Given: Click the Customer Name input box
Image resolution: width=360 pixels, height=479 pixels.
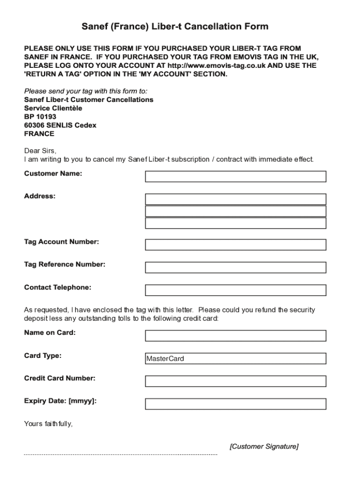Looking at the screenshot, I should point(235,176).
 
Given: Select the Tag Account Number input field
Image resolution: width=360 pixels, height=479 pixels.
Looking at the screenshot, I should point(235,245).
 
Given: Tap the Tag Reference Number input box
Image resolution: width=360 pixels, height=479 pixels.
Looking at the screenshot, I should point(235,268).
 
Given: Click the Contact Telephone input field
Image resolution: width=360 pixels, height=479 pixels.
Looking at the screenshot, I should point(235,290).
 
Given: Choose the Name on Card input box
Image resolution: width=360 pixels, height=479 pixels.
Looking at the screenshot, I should point(235,335).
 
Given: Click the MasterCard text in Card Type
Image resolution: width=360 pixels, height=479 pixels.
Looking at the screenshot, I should point(165,359).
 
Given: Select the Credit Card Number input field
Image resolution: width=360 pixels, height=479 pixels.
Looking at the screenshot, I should point(235,381).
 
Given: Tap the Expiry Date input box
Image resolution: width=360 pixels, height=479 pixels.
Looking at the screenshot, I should point(235,404).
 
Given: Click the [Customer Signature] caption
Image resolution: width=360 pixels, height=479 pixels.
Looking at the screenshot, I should point(264,446).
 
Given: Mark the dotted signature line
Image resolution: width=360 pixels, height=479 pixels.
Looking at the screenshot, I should point(121,454).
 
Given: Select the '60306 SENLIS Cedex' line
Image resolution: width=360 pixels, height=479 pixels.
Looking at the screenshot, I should point(60,125).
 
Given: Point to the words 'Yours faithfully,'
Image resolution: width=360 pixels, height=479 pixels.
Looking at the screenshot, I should point(48,424).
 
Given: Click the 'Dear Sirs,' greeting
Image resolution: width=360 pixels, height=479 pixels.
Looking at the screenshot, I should point(40,151).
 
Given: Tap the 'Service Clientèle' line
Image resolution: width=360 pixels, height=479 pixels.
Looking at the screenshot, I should point(53,108).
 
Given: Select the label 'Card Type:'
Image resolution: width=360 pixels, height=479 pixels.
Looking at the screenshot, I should point(43,356).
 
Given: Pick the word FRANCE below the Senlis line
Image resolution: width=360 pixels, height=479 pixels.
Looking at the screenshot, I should point(39,134).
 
